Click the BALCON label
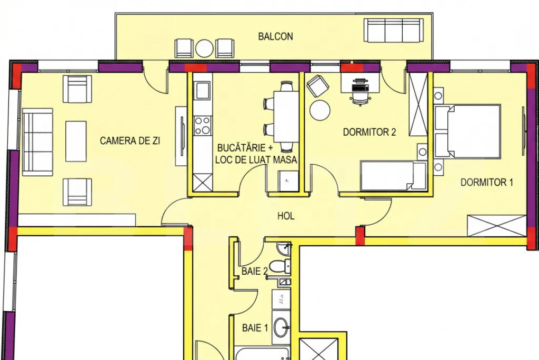[x=275, y=36]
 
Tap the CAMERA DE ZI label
[x=130, y=141]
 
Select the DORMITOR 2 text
[x=370, y=132]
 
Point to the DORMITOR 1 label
[x=486, y=182]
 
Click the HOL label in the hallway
[x=286, y=216]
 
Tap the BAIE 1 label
[x=255, y=328]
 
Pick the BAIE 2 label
[x=254, y=271]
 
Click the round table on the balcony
[x=205, y=49]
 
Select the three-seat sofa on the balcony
[x=394, y=30]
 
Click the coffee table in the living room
[x=76, y=142]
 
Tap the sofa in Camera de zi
[x=37, y=142]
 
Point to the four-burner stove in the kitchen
[x=202, y=125]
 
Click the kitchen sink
[x=202, y=91]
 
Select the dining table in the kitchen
[x=286, y=116]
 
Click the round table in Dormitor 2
[x=320, y=111]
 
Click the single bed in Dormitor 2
[x=393, y=176]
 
